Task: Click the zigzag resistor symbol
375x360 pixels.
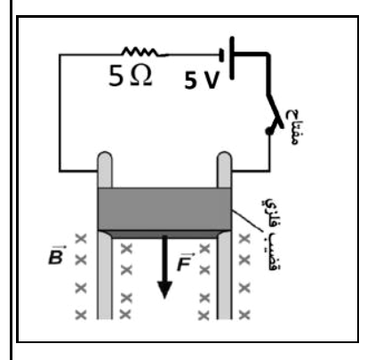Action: click(x=140, y=52)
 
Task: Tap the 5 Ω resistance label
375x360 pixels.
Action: click(x=131, y=76)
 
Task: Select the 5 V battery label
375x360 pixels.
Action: click(x=202, y=80)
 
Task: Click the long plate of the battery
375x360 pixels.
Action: click(x=232, y=58)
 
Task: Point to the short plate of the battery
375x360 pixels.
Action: click(x=221, y=55)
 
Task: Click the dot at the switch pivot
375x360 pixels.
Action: click(x=269, y=131)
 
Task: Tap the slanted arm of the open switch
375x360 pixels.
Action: click(x=275, y=111)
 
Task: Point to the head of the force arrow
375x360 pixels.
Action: click(x=164, y=290)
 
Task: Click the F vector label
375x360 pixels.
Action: click(x=185, y=262)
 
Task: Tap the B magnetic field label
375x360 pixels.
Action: click(x=56, y=255)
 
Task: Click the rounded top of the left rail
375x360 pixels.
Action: click(x=105, y=157)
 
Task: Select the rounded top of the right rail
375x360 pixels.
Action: click(x=224, y=157)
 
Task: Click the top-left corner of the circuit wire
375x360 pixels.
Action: click(x=60, y=54)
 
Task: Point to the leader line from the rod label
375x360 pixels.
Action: click(x=247, y=220)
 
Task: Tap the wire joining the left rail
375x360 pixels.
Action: click(x=79, y=171)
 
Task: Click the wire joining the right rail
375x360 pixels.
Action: click(x=251, y=171)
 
